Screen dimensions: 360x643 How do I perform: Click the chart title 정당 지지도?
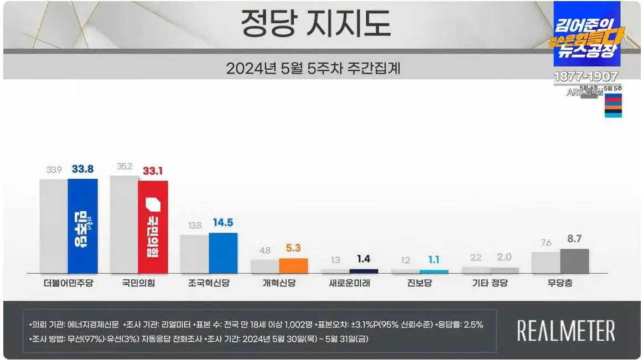[x=315, y=24]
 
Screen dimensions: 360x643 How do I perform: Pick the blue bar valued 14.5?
[x=223, y=253]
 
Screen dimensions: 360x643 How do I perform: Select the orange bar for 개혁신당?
[x=293, y=265]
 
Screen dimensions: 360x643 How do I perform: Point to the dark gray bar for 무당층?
[x=574, y=260]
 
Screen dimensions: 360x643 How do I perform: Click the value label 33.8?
[x=82, y=169]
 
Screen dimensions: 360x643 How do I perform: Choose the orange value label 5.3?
[x=293, y=248]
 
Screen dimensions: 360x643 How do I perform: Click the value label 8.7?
[x=574, y=239]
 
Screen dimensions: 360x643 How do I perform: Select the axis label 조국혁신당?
[x=209, y=284]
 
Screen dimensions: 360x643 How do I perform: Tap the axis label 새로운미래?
[x=350, y=284]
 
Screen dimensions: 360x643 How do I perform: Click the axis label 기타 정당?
[x=490, y=284]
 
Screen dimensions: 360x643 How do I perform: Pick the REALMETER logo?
[x=566, y=331]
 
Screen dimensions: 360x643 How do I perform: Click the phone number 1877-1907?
[x=587, y=77]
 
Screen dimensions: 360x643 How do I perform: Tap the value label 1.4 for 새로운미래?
[x=364, y=258]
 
